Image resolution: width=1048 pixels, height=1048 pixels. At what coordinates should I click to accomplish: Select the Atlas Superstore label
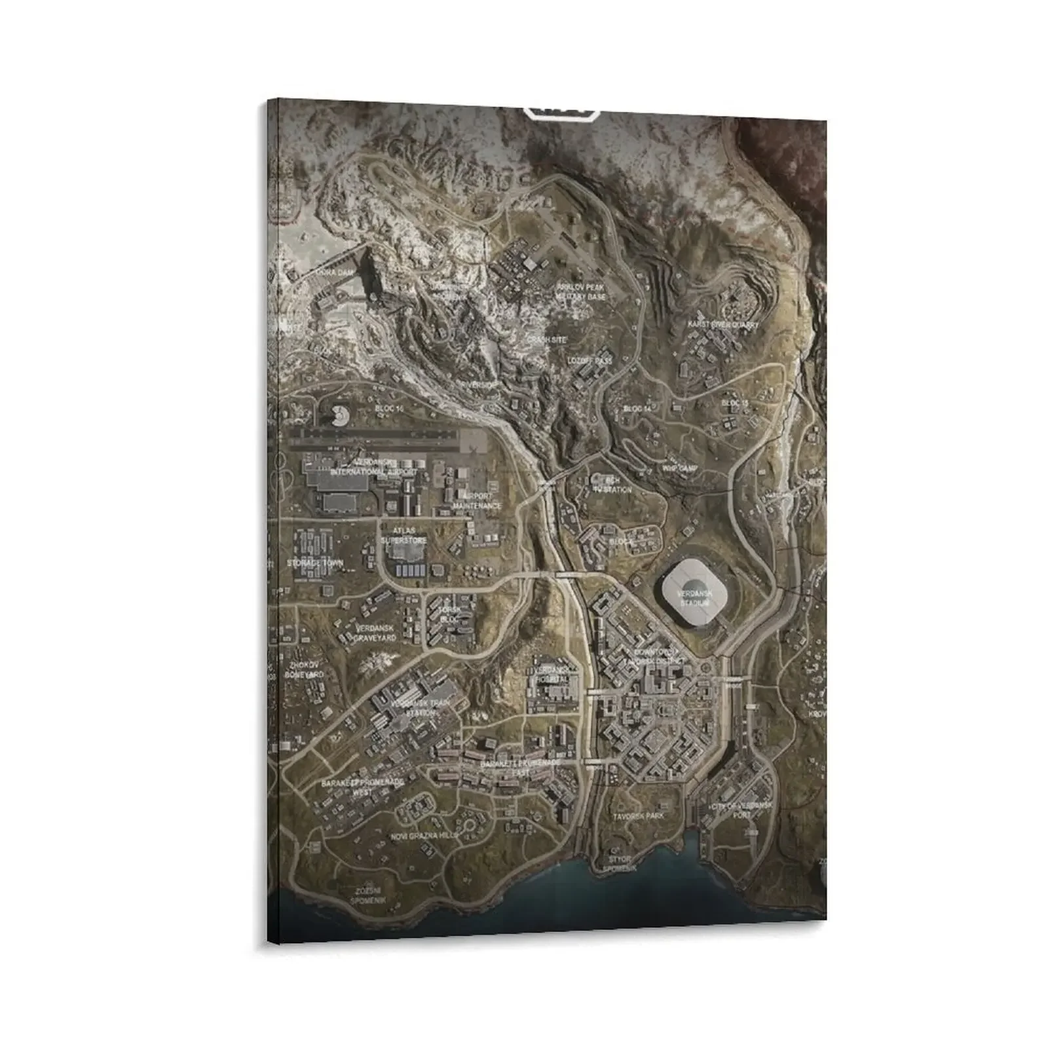(x=404, y=536)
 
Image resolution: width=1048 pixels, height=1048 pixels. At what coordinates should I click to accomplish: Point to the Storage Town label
(x=314, y=563)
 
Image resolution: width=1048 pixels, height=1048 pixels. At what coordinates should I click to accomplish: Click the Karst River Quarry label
(x=722, y=325)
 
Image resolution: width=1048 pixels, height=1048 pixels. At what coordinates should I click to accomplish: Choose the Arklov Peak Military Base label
(x=581, y=292)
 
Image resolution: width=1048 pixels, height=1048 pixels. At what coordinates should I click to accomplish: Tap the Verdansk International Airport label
(x=373, y=467)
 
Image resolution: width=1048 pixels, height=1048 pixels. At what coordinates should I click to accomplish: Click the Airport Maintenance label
(x=477, y=501)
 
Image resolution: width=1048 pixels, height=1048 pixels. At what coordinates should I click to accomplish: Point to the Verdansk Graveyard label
(x=375, y=631)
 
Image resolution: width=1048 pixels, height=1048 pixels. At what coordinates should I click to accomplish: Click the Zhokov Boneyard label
(x=305, y=669)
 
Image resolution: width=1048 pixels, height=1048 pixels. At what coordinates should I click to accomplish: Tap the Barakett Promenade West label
(x=362, y=787)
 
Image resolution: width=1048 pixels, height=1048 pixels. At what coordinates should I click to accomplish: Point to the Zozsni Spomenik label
(x=367, y=896)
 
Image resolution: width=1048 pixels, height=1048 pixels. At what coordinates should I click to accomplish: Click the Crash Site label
(x=546, y=340)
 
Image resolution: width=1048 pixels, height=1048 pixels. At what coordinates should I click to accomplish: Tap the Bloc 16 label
(x=389, y=408)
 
